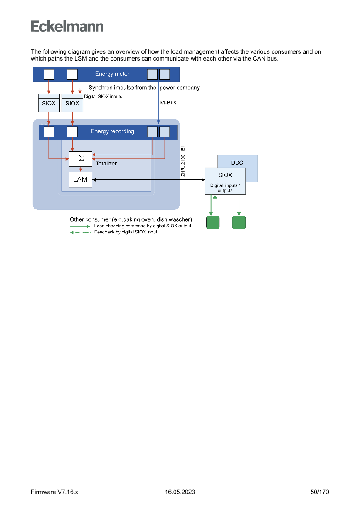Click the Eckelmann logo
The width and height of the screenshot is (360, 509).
(67, 26)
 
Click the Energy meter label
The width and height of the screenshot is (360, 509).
(112, 74)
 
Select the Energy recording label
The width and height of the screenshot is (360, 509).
(112, 131)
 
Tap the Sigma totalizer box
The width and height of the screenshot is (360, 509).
(81, 158)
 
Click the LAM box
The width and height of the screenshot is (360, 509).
(81, 179)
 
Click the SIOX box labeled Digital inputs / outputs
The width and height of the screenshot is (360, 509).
(225, 181)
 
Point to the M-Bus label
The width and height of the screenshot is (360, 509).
(168, 103)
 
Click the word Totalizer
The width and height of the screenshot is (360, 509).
(106, 164)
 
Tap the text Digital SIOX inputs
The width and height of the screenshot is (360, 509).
(103, 97)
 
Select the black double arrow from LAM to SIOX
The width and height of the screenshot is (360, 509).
(148, 179)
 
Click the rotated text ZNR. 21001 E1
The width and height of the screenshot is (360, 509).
(183, 161)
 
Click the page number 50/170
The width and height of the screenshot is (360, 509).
(320, 492)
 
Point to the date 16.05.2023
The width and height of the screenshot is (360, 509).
(180, 492)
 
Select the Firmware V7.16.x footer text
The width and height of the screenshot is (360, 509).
(54, 492)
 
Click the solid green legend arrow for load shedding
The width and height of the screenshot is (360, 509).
(80, 226)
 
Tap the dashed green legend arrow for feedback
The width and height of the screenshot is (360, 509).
(80, 232)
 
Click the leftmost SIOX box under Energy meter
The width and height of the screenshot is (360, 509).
(49, 103)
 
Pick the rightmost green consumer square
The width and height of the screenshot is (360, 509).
(239, 222)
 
